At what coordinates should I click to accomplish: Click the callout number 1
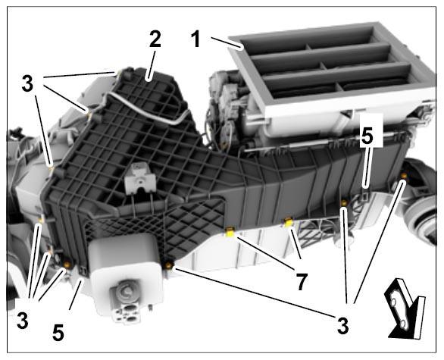tap(196, 39)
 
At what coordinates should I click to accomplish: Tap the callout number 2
tap(155, 39)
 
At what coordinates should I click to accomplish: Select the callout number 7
tap(302, 282)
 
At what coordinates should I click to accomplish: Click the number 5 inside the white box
tap(367, 136)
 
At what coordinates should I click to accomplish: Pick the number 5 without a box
tap(58, 332)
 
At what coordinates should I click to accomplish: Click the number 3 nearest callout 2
tap(27, 84)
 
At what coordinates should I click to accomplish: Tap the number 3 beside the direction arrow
tap(342, 326)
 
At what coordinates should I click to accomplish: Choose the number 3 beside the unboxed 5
tap(23, 321)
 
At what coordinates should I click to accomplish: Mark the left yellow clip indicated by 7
tap(230, 233)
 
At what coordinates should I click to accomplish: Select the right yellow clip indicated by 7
tap(287, 223)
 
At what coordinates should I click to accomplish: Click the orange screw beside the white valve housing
tap(169, 265)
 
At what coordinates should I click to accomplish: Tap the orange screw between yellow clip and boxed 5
tap(344, 202)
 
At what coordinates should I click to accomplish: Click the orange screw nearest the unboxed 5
tap(67, 265)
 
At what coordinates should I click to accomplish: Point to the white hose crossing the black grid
tap(145, 105)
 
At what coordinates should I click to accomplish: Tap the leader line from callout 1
tap(227, 43)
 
